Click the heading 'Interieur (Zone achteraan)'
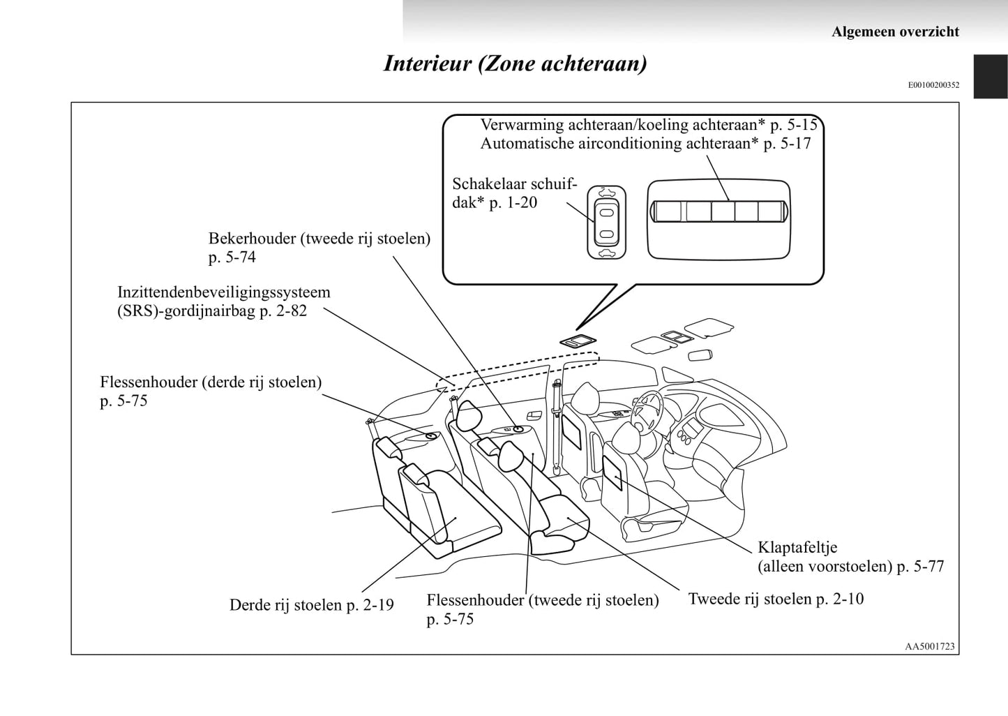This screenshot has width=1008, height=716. tap(515, 64)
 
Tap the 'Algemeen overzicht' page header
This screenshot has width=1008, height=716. tap(895, 31)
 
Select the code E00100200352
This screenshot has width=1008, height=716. tap(933, 85)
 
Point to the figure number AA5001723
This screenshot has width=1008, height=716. tap(929, 646)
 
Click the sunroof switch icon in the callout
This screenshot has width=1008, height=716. tap(606, 223)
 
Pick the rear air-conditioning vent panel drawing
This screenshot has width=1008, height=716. tap(719, 211)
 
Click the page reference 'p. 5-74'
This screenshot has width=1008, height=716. tap(232, 258)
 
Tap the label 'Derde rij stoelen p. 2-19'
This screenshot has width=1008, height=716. tap(311, 605)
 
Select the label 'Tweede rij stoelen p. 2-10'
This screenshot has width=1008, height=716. tap(776, 599)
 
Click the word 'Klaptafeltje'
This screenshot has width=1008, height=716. tap(797, 547)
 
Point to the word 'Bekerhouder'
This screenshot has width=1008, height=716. tap(252, 239)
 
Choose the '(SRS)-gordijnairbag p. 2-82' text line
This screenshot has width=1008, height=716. tap(212, 311)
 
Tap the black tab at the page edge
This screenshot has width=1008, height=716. tap(991, 77)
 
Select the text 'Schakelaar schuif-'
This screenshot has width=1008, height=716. tap(515, 184)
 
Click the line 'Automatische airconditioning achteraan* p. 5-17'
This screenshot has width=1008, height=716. tap(645, 144)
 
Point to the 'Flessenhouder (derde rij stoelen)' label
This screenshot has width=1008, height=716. tap(211, 382)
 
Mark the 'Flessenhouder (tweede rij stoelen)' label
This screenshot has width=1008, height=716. tap(542, 600)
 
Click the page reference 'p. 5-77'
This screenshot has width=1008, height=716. tap(920, 567)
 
